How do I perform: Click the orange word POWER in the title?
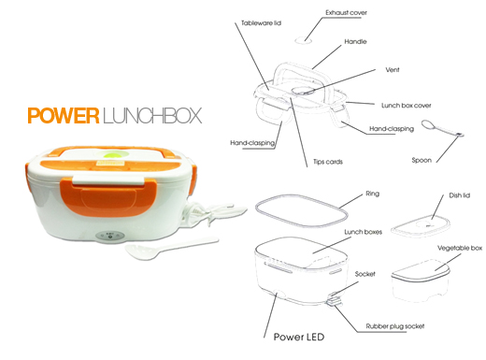coord(64,116)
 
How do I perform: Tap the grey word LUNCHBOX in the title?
coord(152,116)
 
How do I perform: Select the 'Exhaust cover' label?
coord(346,13)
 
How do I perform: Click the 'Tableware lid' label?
coord(261,23)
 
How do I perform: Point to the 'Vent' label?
coord(393,70)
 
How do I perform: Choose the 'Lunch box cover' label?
coord(407,106)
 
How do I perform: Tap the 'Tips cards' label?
coord(328,162)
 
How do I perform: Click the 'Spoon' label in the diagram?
coord(422,160)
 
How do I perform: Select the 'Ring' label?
coord(372,194)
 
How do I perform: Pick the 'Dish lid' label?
coord(459,195)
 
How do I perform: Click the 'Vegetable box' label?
coord(460,248)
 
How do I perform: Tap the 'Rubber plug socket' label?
coord(395,326)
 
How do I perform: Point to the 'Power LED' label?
coord(299,337)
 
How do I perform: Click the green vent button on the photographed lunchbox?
coord(113,154)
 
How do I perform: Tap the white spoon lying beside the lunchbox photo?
coord(171,247)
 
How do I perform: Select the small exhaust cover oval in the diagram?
coord(303,40)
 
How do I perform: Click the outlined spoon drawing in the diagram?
coord(443,128)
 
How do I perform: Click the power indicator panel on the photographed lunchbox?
coord(109,236)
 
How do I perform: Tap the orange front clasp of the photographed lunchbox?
coord(106,196)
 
